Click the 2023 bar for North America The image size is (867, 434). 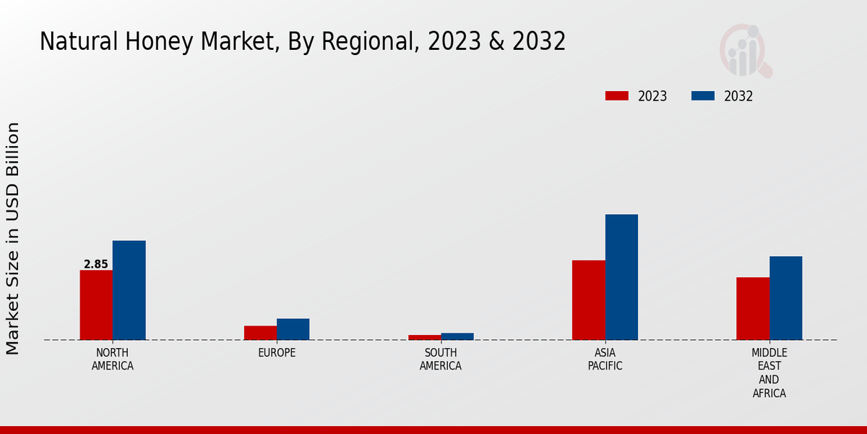pos(96,305)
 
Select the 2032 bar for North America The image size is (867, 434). pos(129,290)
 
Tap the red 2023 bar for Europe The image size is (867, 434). pos(260,333)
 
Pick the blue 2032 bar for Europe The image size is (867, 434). pos(293,329)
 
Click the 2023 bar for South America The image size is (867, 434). pos(424,337)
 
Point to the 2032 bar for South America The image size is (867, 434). pos(457,336)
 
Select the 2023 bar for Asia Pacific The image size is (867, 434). pos(588,299)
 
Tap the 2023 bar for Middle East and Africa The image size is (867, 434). pos(753,308)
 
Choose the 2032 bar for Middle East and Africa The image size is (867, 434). pos(785,298)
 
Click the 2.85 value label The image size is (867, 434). pos(96,264)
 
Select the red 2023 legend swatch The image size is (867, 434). pos(617,96)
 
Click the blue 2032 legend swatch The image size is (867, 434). pos(703,96)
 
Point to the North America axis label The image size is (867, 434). pos(113,359)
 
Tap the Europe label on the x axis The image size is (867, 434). pos(277,353)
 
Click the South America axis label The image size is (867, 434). pos(441,359)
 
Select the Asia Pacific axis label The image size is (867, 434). pos(605,359)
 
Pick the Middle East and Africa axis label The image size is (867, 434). pos(769,373)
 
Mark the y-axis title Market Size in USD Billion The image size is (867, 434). pos(13,239)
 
